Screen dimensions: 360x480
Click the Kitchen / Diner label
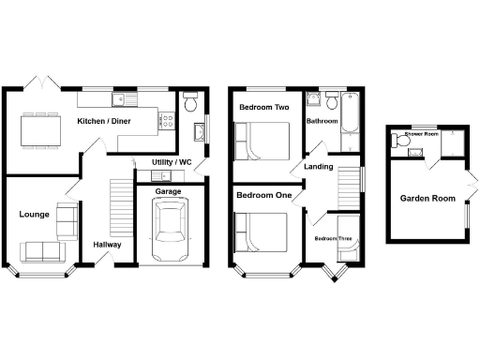tap(103, 122)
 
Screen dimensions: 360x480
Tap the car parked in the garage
tap(169, 231)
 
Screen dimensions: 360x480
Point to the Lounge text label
tap(34, 215)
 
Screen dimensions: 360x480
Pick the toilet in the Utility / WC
tap(191, 100)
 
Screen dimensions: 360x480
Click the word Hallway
tap(107, 245)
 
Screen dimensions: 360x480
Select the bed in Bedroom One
tap(262, 233)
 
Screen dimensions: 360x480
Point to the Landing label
tap(317, 167)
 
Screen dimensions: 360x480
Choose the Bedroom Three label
tap(332, 239)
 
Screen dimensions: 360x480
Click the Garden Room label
tap(427, 198)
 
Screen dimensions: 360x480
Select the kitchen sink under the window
tap(122, 98)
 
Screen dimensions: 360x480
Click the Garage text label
tap(168, 191)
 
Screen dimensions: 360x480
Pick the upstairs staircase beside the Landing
tap(349, 184)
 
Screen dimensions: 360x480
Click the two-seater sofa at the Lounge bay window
tap(39, 251)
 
